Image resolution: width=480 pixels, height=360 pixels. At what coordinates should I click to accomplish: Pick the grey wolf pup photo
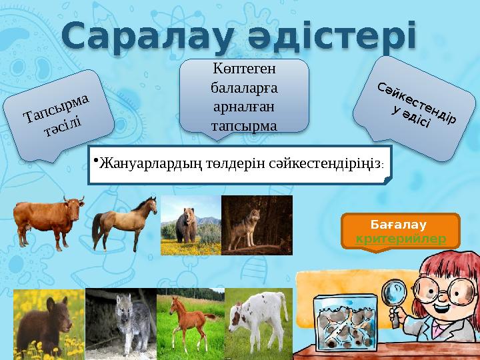pos(120,324)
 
